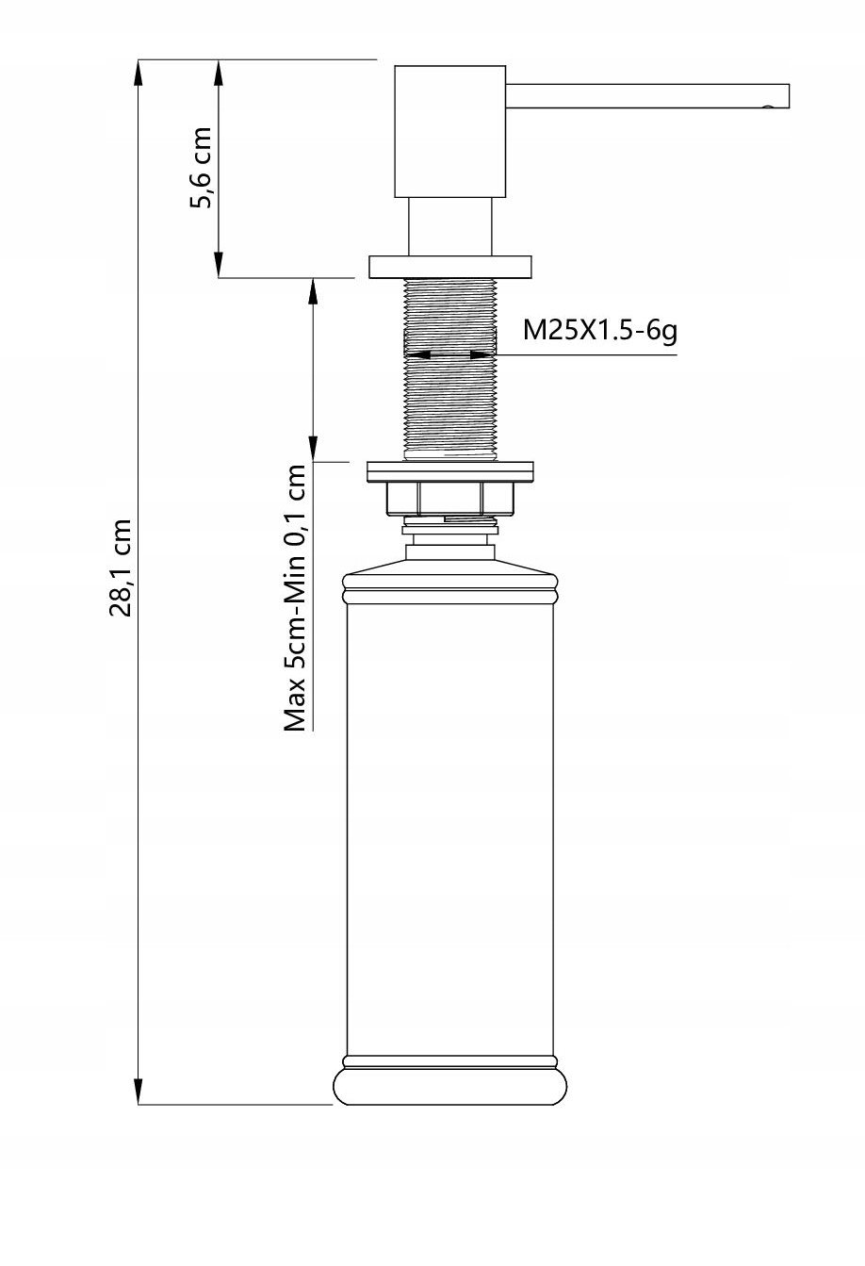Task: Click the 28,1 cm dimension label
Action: (121, 567)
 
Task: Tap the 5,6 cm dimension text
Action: (201, 168)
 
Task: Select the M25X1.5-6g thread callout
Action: (599, 330)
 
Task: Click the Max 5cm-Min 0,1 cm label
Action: (295, 598)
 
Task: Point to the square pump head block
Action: (449, 131)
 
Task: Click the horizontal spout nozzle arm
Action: (647, 95)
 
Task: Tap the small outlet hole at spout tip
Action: (768, 107)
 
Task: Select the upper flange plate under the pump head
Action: (450, 268)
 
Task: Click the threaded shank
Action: (450, 370)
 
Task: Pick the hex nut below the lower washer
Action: (450, 499)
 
